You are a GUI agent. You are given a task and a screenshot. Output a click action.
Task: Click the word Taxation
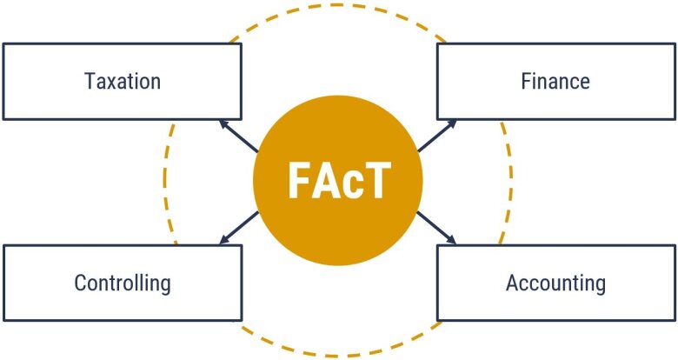[123, 82]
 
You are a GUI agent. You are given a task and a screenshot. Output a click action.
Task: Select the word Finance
[555, 82]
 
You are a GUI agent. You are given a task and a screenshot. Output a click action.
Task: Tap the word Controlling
[123, 283]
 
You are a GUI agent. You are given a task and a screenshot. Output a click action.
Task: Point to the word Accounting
[555, 283]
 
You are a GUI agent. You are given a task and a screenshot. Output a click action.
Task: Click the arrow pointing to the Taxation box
[239, 137]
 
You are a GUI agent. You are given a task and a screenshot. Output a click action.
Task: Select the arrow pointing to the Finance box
[436, 136]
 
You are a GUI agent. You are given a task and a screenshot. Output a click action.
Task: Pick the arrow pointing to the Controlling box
[239, 228]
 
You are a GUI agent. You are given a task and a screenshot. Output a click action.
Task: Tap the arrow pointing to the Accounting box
[436, 228]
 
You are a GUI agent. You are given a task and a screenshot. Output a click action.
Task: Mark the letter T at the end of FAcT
[376, 180]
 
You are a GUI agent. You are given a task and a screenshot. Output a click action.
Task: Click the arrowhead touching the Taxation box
[224, 124]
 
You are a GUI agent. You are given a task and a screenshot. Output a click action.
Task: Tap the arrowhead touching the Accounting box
[451, 239]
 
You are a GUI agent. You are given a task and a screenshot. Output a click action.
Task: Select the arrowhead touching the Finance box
[451, 124]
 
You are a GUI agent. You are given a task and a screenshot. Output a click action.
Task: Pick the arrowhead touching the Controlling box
[224, 239]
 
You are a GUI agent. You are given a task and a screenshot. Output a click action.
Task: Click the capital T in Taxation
[90, 82]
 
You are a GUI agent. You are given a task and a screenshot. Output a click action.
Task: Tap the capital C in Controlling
[80, 283]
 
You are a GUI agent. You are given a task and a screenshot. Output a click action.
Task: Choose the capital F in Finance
[526, 82]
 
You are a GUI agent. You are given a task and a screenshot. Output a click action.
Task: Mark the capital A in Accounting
[512, 283]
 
